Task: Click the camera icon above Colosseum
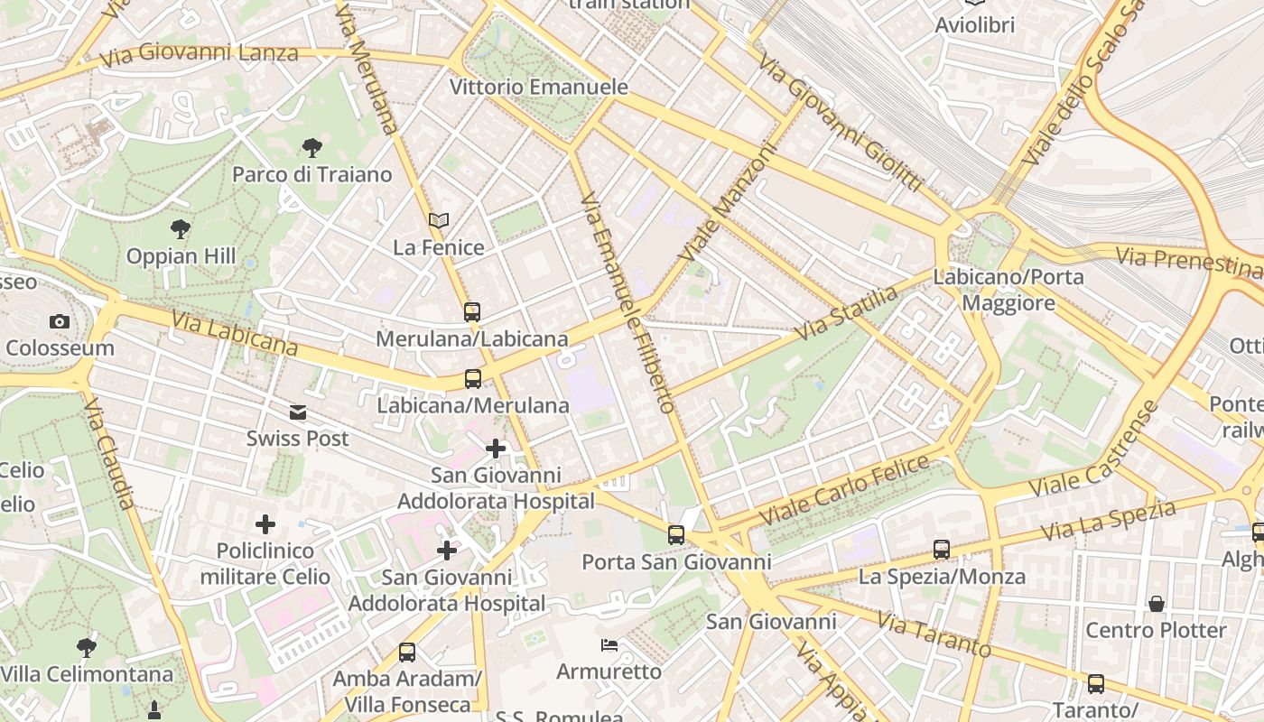[60, 321]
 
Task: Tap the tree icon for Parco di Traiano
[312, 147]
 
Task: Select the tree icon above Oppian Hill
[181, 229]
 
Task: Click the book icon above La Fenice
[439, 220]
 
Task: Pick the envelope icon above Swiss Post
[297, 412]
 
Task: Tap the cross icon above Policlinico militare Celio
[265, 524]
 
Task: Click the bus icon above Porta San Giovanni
[675, 535]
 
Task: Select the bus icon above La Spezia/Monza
[942, 549]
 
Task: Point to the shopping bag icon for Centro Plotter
[1156, 603]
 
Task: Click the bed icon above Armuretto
[609, 644]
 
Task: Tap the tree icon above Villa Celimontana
[87, 647]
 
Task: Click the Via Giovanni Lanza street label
[199, 55]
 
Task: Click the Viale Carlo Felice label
[844, 491]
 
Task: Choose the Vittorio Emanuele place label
[538, 88]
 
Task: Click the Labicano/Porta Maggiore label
[1008, 290]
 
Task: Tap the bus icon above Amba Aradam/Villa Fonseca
[407, 652]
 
